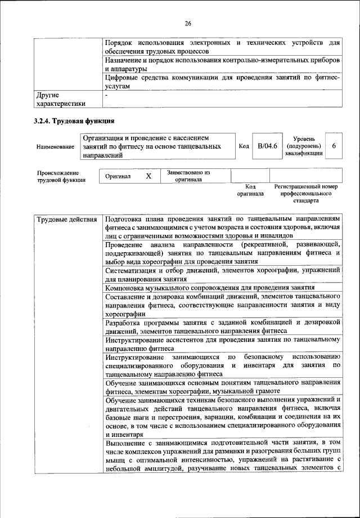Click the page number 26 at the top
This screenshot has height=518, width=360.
click(188, 24)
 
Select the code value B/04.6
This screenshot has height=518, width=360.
click(268, 146)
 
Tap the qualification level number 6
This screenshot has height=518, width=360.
click(334, 146)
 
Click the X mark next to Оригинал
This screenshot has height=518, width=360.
click(148, 176)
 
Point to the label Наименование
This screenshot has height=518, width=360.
click(55, 146)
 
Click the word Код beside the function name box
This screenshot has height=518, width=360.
click(244, 146)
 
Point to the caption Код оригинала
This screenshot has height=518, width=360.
click(250, 190)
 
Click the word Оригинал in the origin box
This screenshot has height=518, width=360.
click(118, 176)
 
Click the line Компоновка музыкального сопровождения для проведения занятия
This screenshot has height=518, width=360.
click(213, 288)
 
